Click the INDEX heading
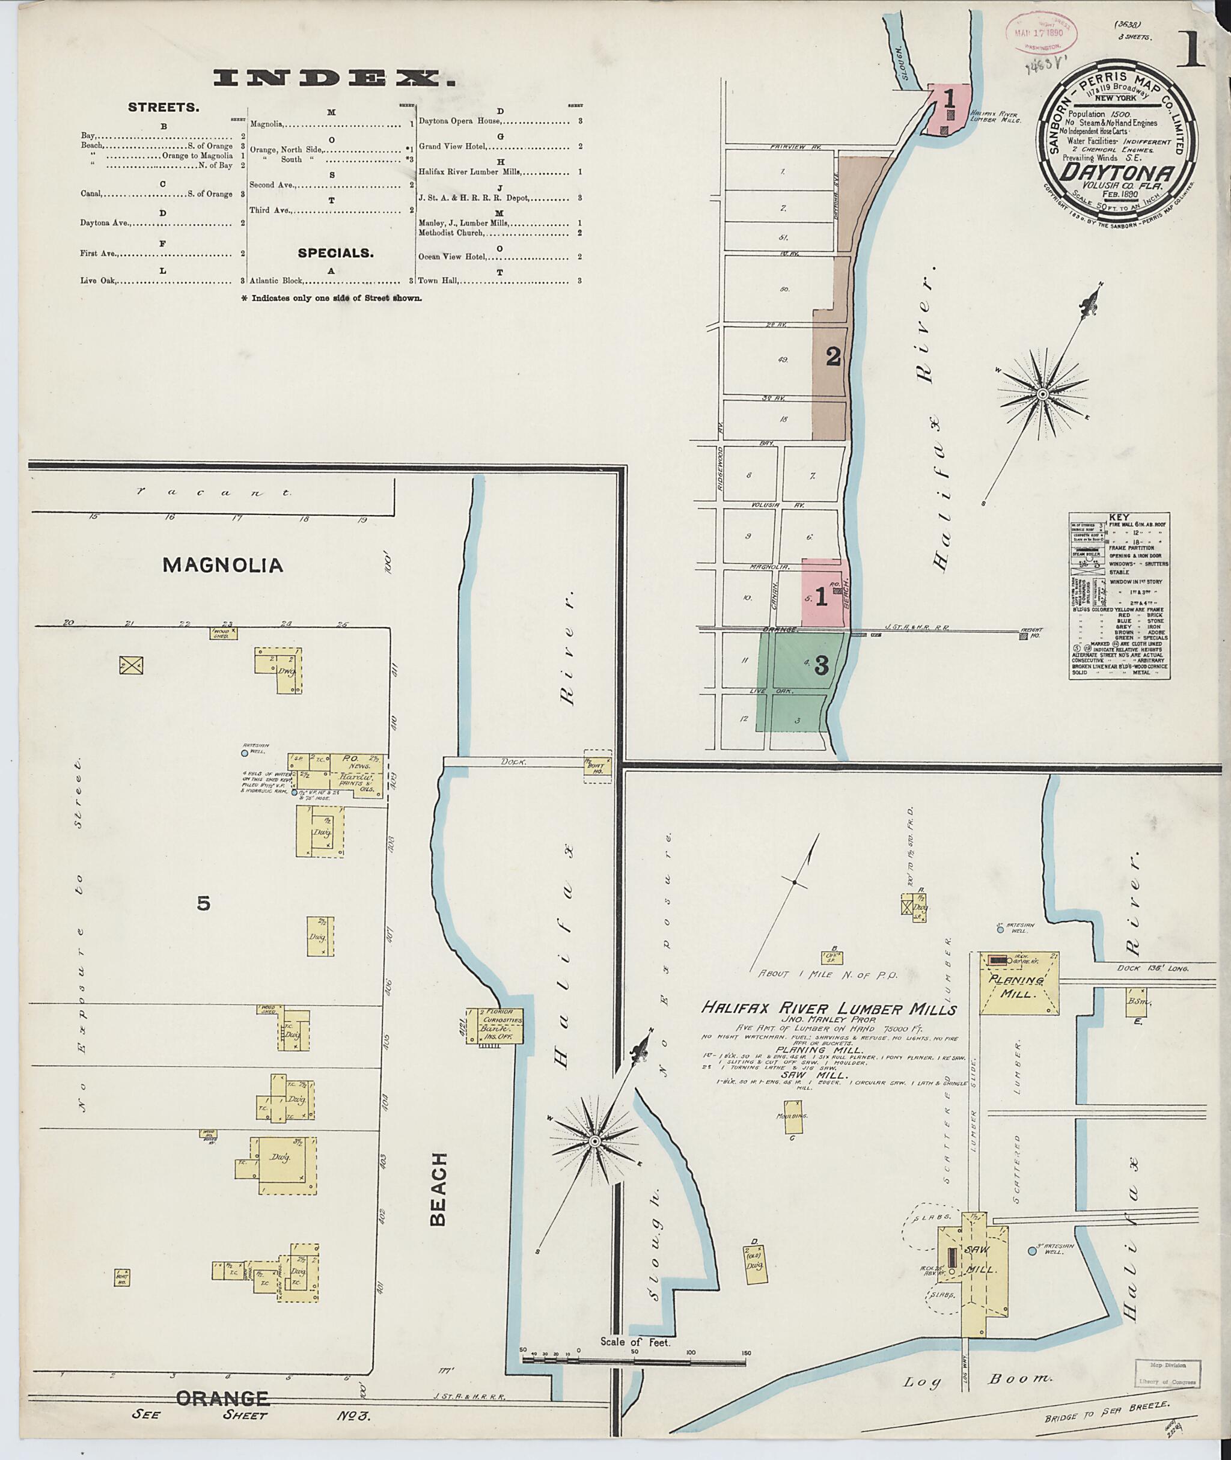(334, 79)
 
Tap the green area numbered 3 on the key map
(802, 681)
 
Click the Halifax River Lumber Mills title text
(828, 1009)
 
